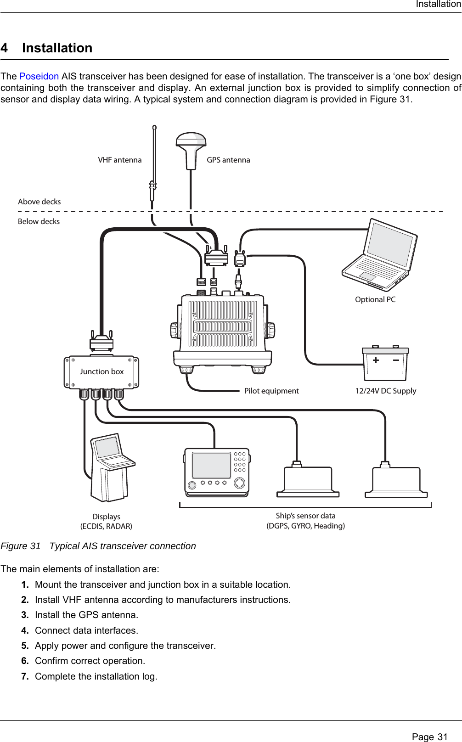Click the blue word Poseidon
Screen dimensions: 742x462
click(39, 76)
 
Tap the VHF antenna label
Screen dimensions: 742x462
click(120, 160)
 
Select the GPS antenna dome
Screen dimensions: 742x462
click(192, 142)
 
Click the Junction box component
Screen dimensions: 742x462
click(101, 372)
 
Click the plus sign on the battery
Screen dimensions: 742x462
click(376, 360)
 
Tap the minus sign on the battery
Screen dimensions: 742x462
click(396, 360)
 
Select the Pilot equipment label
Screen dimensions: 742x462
click(271, 391)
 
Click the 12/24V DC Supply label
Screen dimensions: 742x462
click(386, 391)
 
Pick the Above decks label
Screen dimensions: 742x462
click(39, 202)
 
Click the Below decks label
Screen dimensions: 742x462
click(39, 222)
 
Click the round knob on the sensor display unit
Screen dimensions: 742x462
click(239, 483)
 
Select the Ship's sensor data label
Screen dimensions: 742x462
click(306, 521)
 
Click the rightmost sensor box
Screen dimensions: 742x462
click(396, 481)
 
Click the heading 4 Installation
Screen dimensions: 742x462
click(47, 48)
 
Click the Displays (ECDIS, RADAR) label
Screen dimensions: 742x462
click(107, 522)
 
